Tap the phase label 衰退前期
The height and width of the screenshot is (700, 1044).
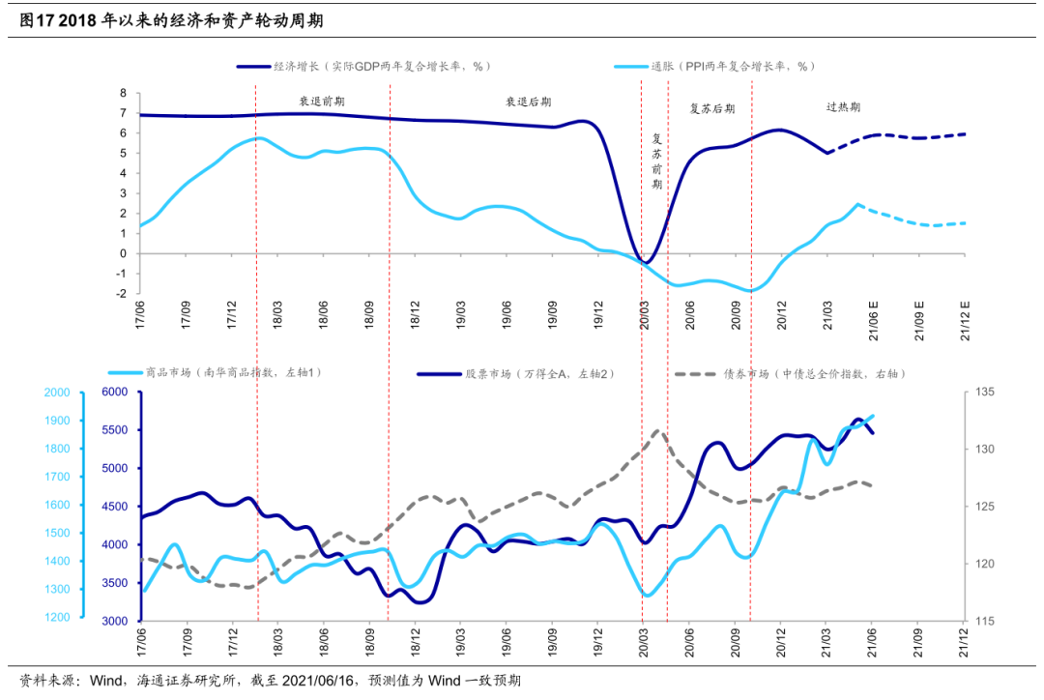[x=321, y=101]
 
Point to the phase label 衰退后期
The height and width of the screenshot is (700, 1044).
[x=528, y=101]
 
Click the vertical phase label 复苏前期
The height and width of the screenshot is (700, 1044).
[x=657, y=160]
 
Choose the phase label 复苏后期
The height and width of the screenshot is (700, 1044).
[x=711, y=108]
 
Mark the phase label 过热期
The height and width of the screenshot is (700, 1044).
[x=843, y=107]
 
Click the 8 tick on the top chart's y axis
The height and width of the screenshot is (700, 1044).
[x=124, y=94]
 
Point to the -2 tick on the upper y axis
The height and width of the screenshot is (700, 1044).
[x=122, y=294]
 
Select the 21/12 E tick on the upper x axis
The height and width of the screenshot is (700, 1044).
[x=965, y=320]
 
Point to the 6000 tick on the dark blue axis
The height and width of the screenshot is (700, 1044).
[x=114, y=393]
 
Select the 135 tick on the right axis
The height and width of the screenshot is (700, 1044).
[x=985, y=393]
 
